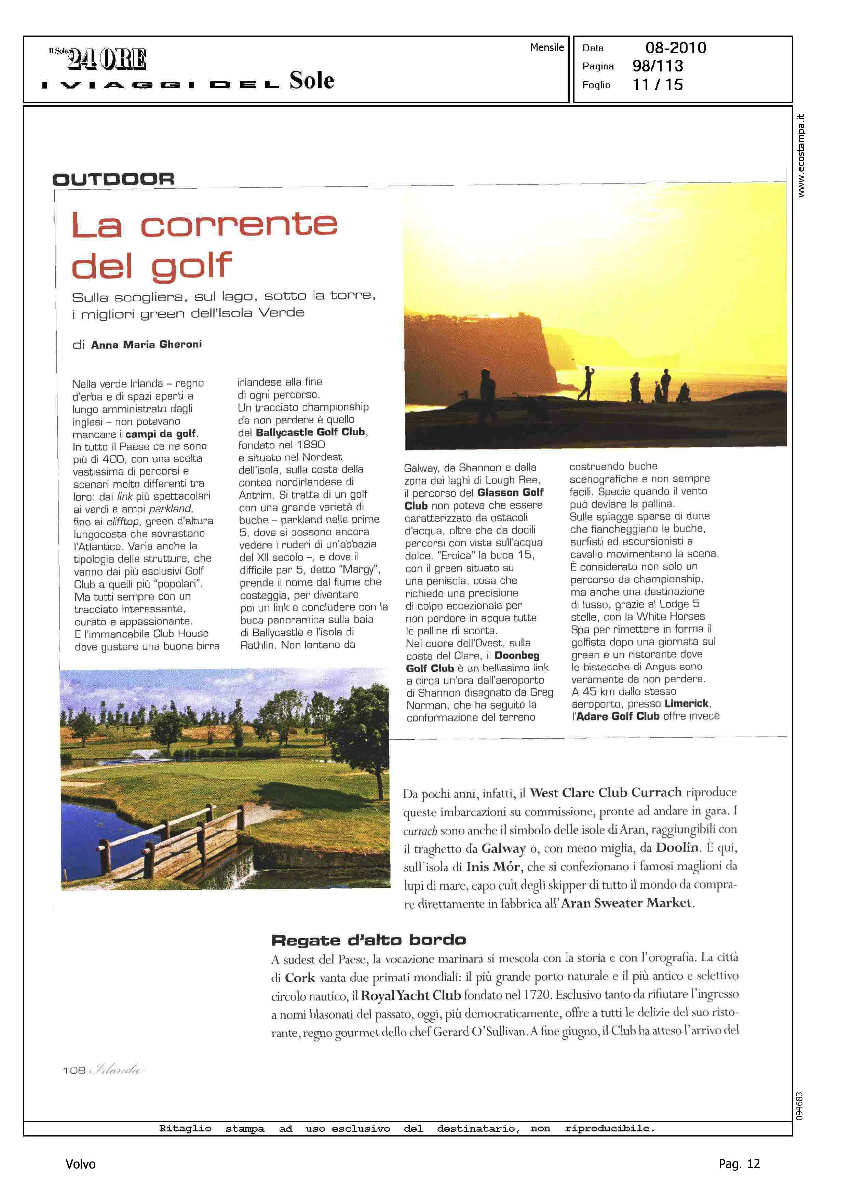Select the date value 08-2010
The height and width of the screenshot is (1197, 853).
(676, 48)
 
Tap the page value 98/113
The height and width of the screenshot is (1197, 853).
(658, 66)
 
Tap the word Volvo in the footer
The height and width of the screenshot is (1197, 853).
(80, 1164)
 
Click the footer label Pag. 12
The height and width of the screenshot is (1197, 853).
(739, 1164)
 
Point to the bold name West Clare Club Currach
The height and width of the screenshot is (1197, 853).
(606, 793)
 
